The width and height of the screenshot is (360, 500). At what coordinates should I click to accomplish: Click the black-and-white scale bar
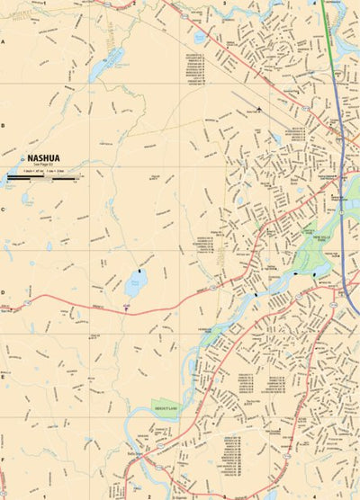(42, 179)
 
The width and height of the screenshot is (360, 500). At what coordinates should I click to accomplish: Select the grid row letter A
(4, 42)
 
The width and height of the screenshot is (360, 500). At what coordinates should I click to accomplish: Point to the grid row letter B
(4, 125)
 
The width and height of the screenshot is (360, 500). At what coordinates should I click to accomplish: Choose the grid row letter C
(4, 209)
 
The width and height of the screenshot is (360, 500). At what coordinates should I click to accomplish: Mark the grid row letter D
(4, 292)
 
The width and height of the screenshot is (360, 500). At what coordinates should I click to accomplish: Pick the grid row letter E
(4, 376)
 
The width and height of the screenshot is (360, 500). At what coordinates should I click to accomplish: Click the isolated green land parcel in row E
(166, 408)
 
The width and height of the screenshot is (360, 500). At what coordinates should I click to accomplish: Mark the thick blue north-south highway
(346, 180)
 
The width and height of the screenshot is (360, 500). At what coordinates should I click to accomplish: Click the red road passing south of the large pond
(90, 308)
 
